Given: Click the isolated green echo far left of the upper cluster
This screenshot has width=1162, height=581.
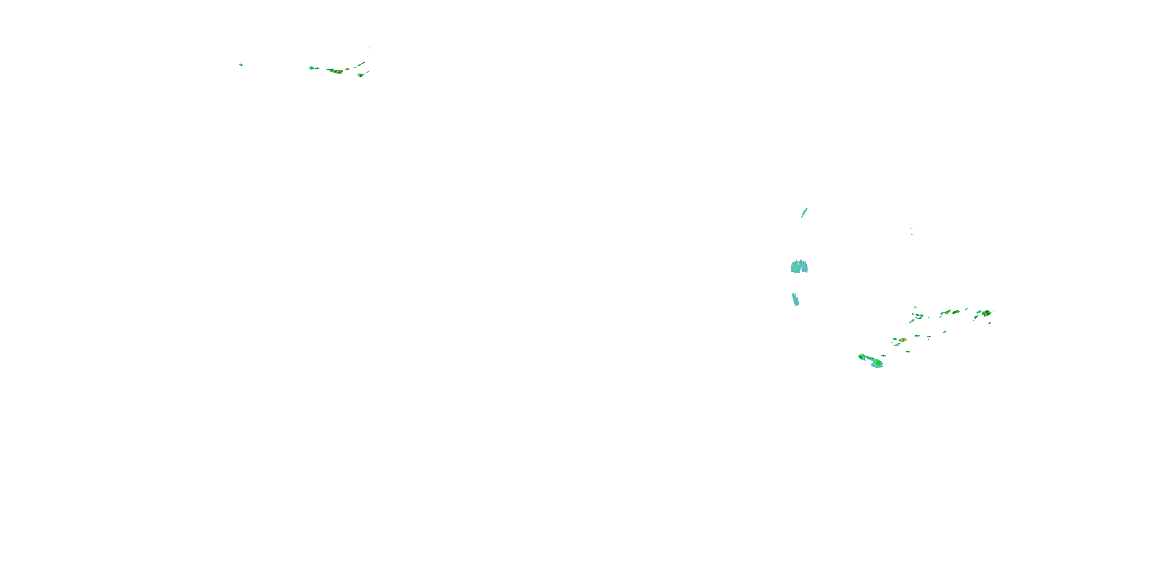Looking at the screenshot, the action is (241, 65).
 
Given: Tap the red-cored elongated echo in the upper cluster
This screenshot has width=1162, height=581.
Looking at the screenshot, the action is (335, 71).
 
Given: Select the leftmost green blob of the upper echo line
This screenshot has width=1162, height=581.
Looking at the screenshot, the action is (312, 68).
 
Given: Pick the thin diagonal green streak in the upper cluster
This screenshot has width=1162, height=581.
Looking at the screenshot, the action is (360, 65).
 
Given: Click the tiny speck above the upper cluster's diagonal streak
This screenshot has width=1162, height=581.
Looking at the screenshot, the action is (370, 47).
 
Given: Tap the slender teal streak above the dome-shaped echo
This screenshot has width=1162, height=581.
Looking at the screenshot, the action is (804, 213).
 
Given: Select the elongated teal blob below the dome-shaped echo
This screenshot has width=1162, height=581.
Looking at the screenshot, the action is (796, 299).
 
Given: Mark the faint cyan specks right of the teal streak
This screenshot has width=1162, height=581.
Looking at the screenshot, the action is (914, 230).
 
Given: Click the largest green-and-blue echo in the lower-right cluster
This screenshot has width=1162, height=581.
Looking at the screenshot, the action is (871, 361).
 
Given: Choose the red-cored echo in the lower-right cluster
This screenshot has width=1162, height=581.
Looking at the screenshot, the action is (902, 340).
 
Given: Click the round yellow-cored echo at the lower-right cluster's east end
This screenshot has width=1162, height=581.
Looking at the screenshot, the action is (986, 313).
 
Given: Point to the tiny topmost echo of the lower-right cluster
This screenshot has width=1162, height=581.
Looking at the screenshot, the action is (915, 307).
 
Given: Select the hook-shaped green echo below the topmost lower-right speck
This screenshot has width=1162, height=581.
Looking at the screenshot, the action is (919, 316).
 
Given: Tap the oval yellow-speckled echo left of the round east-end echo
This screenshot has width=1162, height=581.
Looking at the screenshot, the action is (956, 312).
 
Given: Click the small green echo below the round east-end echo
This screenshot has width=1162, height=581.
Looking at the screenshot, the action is (989, 323).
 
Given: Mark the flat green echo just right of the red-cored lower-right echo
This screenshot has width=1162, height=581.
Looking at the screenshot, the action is (917, 335).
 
